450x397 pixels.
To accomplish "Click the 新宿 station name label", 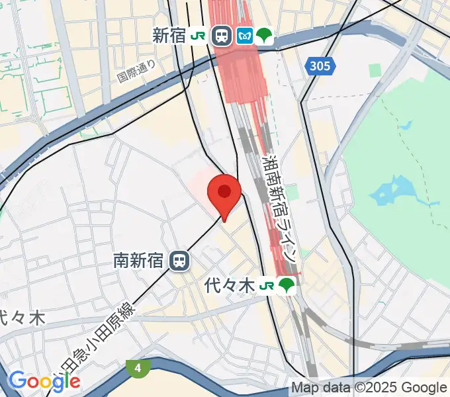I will coord(169,36).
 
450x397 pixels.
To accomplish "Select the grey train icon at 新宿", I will coord(222,36).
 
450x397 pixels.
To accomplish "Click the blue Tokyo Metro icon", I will coord(245,36).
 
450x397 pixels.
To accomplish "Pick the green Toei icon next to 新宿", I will coord(265,36).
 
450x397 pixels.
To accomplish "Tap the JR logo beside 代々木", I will coord(267,286).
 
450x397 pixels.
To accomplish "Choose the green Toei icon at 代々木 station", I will coord(287,286).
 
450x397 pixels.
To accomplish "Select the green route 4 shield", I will coord(137,368).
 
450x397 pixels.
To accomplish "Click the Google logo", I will coord(44,380).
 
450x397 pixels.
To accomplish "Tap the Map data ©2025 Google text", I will coord(369,388).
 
